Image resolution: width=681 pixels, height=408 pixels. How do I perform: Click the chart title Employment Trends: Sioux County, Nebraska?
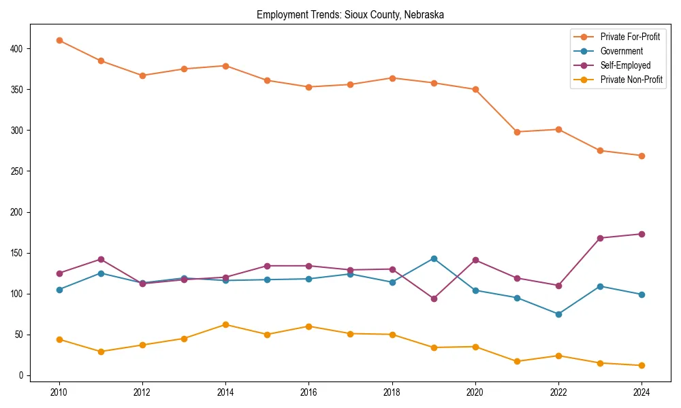[350, 15]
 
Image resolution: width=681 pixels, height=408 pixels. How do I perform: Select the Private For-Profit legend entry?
[630, 37]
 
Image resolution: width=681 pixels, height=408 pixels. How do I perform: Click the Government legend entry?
[621, 51]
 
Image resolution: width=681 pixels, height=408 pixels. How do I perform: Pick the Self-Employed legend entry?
[625, 65]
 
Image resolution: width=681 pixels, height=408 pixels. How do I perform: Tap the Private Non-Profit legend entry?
[631, 80]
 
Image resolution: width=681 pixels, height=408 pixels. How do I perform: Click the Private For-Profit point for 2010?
[59, 40]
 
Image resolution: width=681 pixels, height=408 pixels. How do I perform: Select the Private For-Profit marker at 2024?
[642, 156]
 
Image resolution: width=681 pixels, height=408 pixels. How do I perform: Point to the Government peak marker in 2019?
[434, 258]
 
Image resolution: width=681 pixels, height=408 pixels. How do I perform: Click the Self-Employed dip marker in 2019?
[434, 299]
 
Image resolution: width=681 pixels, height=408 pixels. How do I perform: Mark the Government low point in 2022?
[558, 314]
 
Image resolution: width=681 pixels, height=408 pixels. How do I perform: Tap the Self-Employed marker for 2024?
[642, 234]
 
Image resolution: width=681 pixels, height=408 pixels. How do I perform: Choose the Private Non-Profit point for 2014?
[225, 324]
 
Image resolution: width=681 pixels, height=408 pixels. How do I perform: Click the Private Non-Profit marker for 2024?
[642, 365]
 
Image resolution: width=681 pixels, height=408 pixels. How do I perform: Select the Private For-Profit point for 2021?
[517, 132]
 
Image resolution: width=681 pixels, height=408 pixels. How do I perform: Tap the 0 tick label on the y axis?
[22, 375]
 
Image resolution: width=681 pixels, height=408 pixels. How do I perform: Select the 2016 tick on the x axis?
[308, 392]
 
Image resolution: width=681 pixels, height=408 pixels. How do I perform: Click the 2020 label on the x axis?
[475, 392]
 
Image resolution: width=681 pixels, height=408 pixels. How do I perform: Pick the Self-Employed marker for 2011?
[101, 259]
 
